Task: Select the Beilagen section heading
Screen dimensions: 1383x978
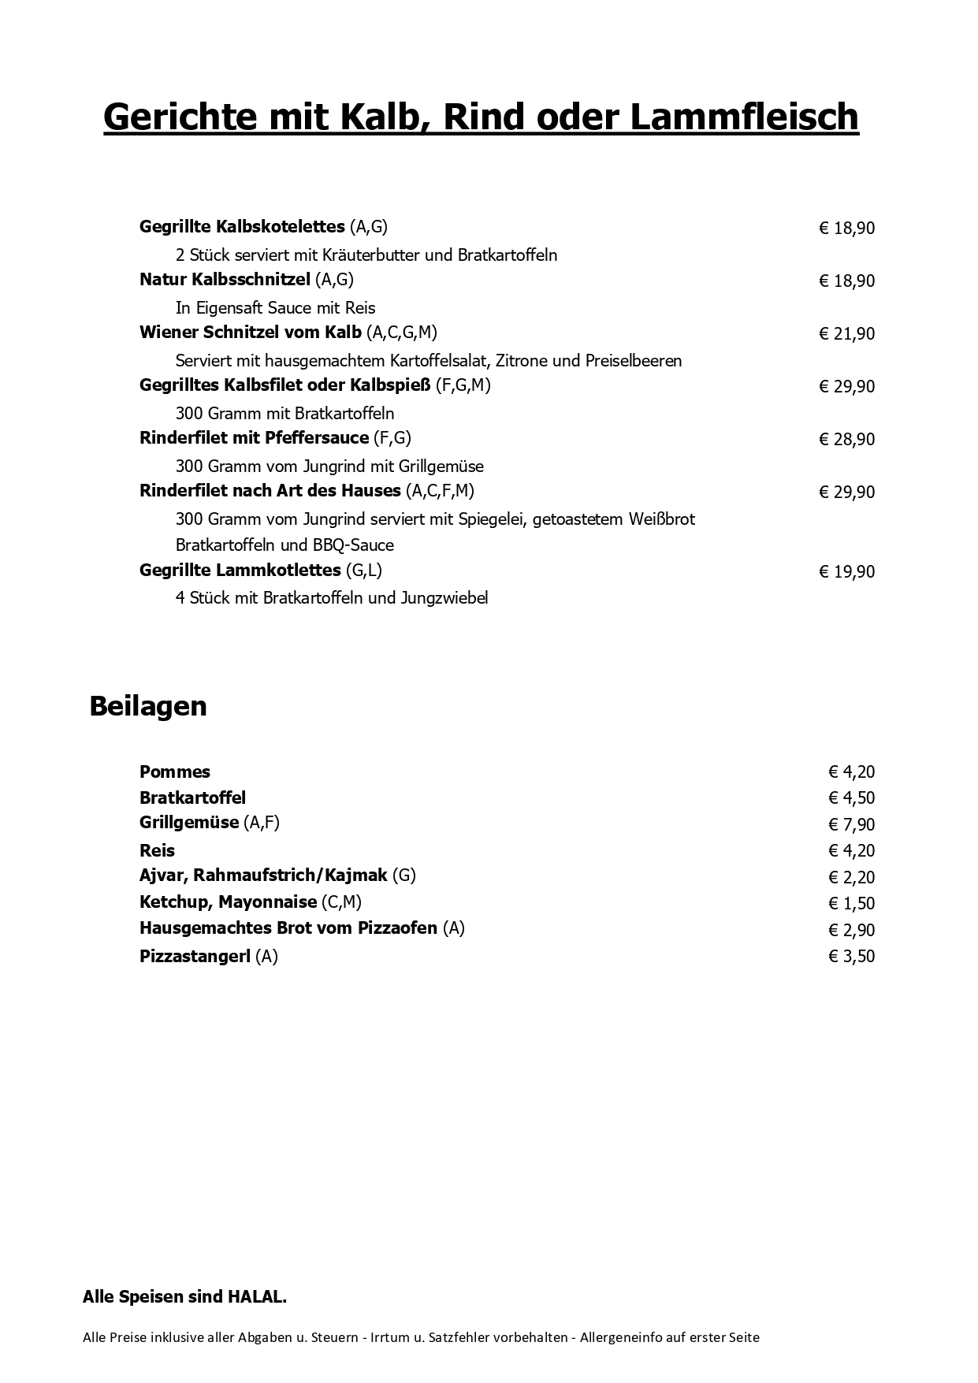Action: (x=148, y=706)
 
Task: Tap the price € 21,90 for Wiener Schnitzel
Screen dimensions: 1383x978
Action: (x=847, y=334)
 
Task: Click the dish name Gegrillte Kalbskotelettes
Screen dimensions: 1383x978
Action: (x=242, y=227)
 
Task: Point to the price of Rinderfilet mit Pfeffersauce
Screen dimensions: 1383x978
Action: (x=847, y=440)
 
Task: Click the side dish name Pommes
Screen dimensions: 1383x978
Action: (x=175, y=772)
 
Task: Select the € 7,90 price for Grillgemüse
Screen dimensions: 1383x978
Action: (x=851, y=825)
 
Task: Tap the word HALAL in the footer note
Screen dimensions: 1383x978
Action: (x=256, y=1297)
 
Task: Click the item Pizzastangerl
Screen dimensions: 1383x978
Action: (x=195, y=957)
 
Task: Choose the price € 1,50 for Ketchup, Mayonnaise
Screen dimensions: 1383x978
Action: (x=851, y=904)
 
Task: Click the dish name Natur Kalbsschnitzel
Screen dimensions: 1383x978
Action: (x=225, y=280)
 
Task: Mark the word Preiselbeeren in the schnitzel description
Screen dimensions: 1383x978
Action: (x=633, y=361)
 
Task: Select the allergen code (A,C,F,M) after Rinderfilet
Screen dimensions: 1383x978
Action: (x=441, y=491)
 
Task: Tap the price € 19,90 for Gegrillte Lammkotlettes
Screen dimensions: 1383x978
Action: (x=847, y=572)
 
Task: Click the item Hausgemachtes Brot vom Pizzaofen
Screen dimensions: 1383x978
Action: (x=288, y=928)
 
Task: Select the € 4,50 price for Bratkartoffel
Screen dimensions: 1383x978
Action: (x=851, y=798)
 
